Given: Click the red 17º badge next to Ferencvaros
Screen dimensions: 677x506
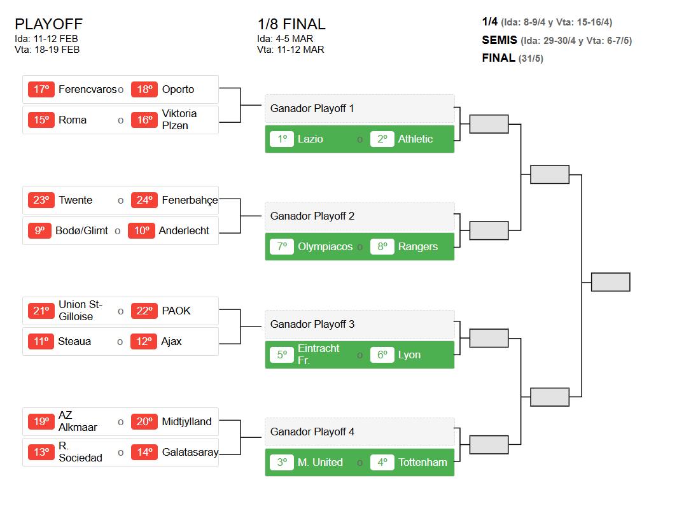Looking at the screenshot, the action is tap(41, 89).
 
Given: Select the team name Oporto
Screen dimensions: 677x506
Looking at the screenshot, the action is tap(178, 89).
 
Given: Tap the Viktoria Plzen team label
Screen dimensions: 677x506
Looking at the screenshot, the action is tap(179, 120).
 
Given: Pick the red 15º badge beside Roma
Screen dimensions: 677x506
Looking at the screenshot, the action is tap(41, 120).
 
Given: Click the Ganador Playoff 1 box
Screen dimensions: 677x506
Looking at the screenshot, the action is tap(359, 108).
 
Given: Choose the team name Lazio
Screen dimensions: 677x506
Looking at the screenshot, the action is tap(310, 139).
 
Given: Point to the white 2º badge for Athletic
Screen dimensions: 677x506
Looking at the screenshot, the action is tap(382, 139).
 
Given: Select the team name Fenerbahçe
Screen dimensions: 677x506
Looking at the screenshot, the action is tap(190, 200).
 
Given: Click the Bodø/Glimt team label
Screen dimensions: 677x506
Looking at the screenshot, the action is tap(81, 231).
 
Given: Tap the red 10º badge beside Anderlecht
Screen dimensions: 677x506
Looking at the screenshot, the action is tap(141, 230).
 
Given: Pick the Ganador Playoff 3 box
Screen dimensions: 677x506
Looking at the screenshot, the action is tap(359, 324).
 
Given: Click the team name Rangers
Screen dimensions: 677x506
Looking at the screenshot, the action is tap(417, 246).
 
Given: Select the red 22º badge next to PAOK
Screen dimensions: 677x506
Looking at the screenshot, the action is tap(144, 311).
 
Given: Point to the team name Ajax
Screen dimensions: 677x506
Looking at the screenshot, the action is tap(171, 342).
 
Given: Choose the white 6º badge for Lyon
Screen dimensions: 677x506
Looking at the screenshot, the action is tap(382, 355).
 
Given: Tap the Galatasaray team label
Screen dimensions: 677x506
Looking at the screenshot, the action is tap(190, 452).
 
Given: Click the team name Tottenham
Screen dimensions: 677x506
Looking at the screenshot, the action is tap(422, 462).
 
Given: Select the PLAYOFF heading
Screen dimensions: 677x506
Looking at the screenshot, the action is tap(48, 24).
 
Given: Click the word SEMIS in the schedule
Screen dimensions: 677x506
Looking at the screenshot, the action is tap(499, 40).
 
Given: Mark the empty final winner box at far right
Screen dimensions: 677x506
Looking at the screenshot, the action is tap(611, 282).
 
